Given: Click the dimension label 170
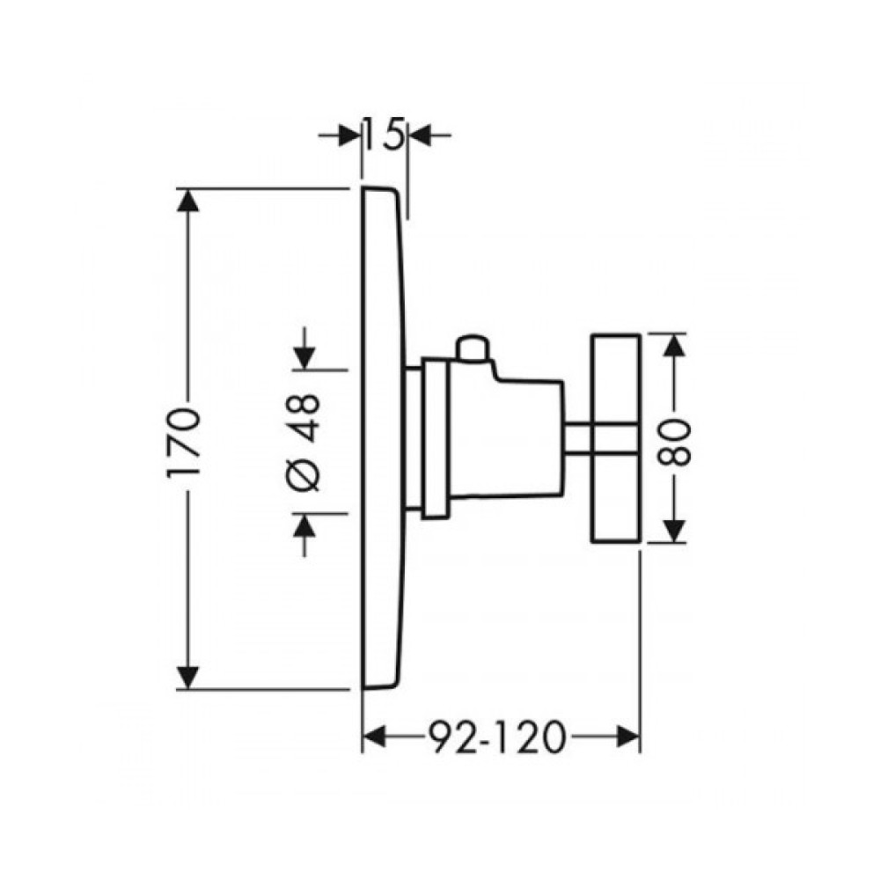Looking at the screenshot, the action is (x=183, y=442).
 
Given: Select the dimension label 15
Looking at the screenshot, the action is (x=385, y=134).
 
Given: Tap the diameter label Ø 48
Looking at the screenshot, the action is (x=305, y=442).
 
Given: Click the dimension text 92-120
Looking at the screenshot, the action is (x=495, y=737).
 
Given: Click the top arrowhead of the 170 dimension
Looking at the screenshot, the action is (x=187, y=201).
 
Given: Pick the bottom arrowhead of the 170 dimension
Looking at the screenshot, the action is (x=187, y=677).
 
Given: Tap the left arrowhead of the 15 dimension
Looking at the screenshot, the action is (x=349, y=136).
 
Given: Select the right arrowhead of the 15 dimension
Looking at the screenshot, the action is (x=420, y=136).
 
